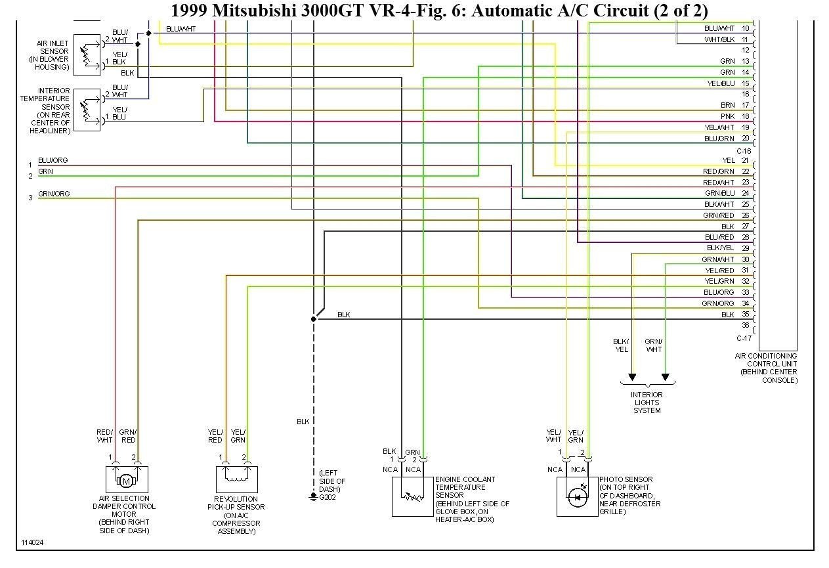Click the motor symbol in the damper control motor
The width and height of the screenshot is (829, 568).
coord(126,482)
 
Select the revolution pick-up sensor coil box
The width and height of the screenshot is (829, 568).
coord(236,480)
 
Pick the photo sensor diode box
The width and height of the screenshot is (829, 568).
coord(577,497)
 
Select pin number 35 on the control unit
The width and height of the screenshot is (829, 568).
coord(745,315)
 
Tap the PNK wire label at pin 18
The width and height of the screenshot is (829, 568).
coord(727,116)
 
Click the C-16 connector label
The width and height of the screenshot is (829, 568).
coord(743,150)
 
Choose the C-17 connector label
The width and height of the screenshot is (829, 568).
coord(743,338)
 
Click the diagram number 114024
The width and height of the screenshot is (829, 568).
coord(33,543)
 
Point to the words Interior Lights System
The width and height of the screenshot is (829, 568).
coord(647,403)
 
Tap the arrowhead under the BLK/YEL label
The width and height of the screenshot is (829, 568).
coord(631,377)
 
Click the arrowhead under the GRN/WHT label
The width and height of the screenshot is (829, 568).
coord(665,377)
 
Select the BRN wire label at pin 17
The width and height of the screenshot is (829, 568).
coord(727,105)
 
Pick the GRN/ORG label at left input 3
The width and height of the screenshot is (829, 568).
coord(54,194)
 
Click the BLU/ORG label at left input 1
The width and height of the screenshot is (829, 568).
coord(53,160)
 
